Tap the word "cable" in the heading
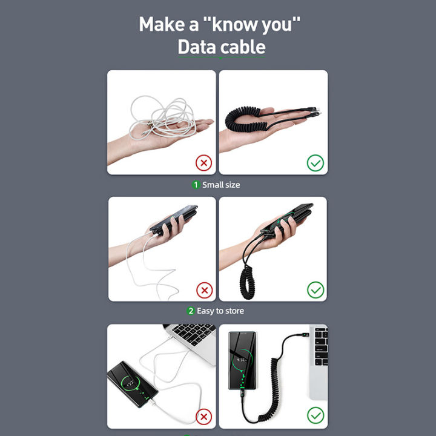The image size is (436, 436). [243, 47]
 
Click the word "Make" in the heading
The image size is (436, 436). [160, 25]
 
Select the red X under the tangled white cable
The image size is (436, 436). [204, 162]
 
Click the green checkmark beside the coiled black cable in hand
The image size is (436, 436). [315, 162]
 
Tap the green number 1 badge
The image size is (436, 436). [196, 185]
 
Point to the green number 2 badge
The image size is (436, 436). [191, 311]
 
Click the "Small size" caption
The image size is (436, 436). [221, 185]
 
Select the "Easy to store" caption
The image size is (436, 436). [220, 311]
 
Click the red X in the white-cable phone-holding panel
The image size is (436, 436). [204, 290]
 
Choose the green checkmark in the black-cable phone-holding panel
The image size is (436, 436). [315, 290]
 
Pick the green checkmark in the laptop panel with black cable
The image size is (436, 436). [315, 415]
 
